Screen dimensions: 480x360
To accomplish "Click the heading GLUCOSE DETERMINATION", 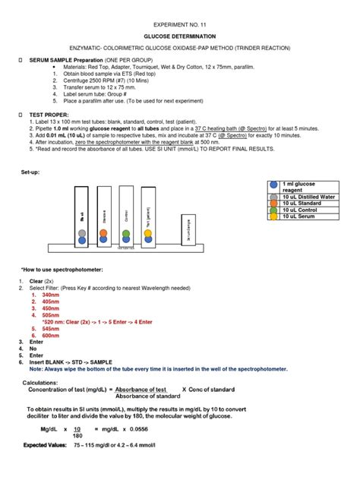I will click(181, 36).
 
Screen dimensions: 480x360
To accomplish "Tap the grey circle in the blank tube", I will click(81, 240).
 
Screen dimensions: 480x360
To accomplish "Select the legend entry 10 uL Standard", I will click(302, 204).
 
